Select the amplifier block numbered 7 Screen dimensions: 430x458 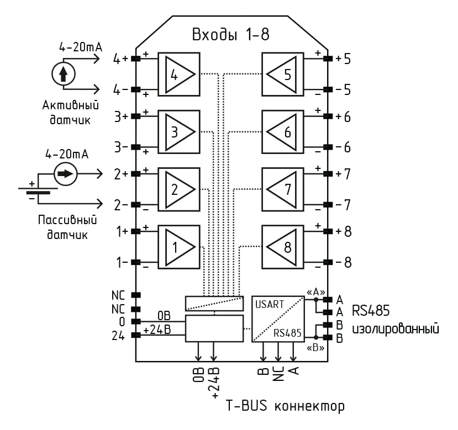(x=283, y=189)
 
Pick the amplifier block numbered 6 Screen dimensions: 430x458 (x=283, y=131)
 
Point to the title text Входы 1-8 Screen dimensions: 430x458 (x=230, y=34)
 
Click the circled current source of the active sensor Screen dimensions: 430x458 (x=64, y=73)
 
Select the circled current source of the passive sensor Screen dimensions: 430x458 (x=65, y=173)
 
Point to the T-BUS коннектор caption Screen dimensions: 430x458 (x=285, y=407)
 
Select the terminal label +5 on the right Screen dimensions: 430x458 (x=343, y=59)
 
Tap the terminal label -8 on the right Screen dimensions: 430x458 (x=343, y=262)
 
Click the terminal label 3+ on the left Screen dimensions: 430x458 (x=121, y=117)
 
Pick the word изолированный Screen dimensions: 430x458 (x=396, y=329)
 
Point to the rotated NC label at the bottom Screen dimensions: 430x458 (x=278, y=376)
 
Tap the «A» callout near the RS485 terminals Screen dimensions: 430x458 (x=315, y=291)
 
